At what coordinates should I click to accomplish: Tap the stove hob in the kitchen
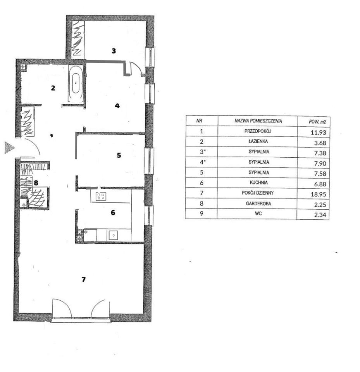click(101, 196)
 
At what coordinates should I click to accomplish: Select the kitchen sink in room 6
click(114, 235)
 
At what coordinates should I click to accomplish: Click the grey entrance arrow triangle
click(9, 148)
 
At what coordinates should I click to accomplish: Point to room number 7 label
click(84, 279)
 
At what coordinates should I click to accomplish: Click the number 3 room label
click(114, 50)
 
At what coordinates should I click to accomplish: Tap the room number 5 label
click(119, 155)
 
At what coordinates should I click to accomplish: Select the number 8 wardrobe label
click(36, 183)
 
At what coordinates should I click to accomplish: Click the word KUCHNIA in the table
click(259, 183)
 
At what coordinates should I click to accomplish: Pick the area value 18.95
click(318, 194)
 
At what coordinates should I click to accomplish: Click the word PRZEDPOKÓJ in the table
click(258, 131)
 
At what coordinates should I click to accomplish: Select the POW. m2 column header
click(317, 122)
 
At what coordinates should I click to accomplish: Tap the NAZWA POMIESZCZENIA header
click(258, 121)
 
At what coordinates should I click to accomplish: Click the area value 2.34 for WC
click(320, 215)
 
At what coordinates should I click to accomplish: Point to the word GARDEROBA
click(258, 203)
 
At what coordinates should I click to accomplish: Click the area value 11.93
click(319, 133)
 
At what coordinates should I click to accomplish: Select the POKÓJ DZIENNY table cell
click(258, 193)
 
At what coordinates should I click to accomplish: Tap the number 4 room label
click(117, 105)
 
